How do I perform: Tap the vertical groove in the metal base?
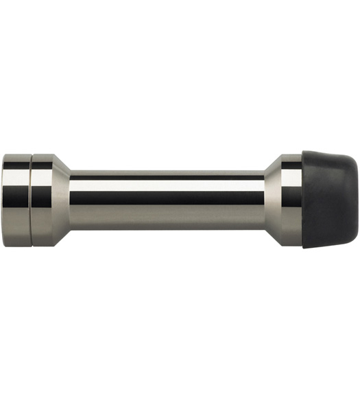pyautogui.click(x=31, y=199)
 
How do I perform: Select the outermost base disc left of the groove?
pyautogui.click(x=16, y=199)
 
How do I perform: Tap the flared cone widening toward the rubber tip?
pyautogui.click(x=273, y=199)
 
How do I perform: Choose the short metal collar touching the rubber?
pyautogui.click(x=292, y=199)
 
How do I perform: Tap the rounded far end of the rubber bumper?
pyautogui.click(x=355, y=199)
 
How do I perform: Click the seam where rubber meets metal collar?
pyautogui.click(x=302, y=199)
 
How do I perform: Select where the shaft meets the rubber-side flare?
pyautogui.click(x=265, y=199)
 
